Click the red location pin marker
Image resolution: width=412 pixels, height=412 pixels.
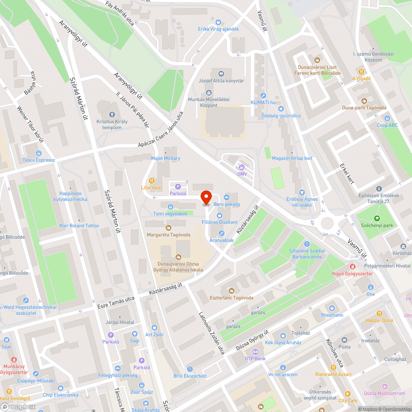[x=206, y=198]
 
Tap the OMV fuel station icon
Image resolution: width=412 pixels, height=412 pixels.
[x=242, y=167]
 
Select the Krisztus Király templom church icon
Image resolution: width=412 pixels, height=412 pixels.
[x=112, y=114]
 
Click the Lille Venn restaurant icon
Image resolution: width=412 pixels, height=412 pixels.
[x=152, y=180]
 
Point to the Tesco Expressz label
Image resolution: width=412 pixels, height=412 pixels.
[x=39, y=160]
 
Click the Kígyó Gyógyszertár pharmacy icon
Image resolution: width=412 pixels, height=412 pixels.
[x=352, y=267]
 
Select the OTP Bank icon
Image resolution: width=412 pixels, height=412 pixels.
[x=255, y=351]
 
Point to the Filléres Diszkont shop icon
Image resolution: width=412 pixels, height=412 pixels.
[x=220, y=215]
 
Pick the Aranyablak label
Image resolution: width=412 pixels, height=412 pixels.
[x=222, y=240]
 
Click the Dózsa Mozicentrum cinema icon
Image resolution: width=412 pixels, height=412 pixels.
[x=385, y=386]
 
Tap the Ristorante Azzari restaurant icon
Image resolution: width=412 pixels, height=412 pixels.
[x=333, y=367]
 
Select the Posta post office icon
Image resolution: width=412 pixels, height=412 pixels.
[x=344, y=340]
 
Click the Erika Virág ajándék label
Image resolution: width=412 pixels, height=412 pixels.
[x=218, y=29]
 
